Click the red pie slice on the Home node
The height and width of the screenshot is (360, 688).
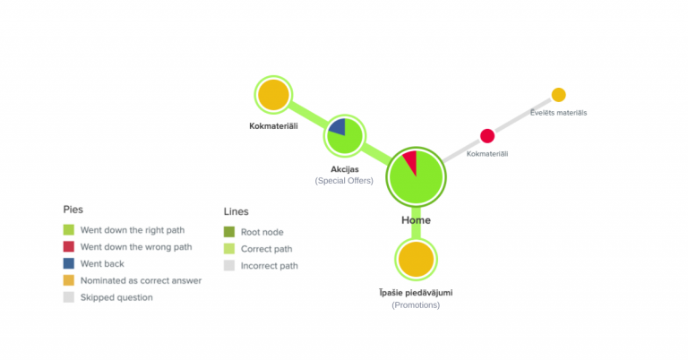410,161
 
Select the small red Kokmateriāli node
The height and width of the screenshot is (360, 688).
487,136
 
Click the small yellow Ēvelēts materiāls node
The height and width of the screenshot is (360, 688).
558,94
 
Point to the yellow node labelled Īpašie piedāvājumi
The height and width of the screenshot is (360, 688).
416,260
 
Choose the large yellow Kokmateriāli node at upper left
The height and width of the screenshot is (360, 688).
273,95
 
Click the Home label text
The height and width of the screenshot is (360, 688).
416,220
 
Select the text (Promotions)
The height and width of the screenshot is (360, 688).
416,305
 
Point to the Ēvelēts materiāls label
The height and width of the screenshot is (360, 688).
557,112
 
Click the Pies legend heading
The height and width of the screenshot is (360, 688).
73,209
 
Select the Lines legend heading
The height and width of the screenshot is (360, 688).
236,212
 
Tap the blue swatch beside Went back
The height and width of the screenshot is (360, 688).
68,263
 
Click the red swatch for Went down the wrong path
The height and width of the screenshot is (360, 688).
68,246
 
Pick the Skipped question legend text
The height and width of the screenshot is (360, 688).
116,297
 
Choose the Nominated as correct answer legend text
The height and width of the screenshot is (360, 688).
141,280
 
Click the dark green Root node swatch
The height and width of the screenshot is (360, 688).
229,232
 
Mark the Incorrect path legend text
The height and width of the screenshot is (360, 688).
270,266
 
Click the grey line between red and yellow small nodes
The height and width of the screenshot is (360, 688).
523,116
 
